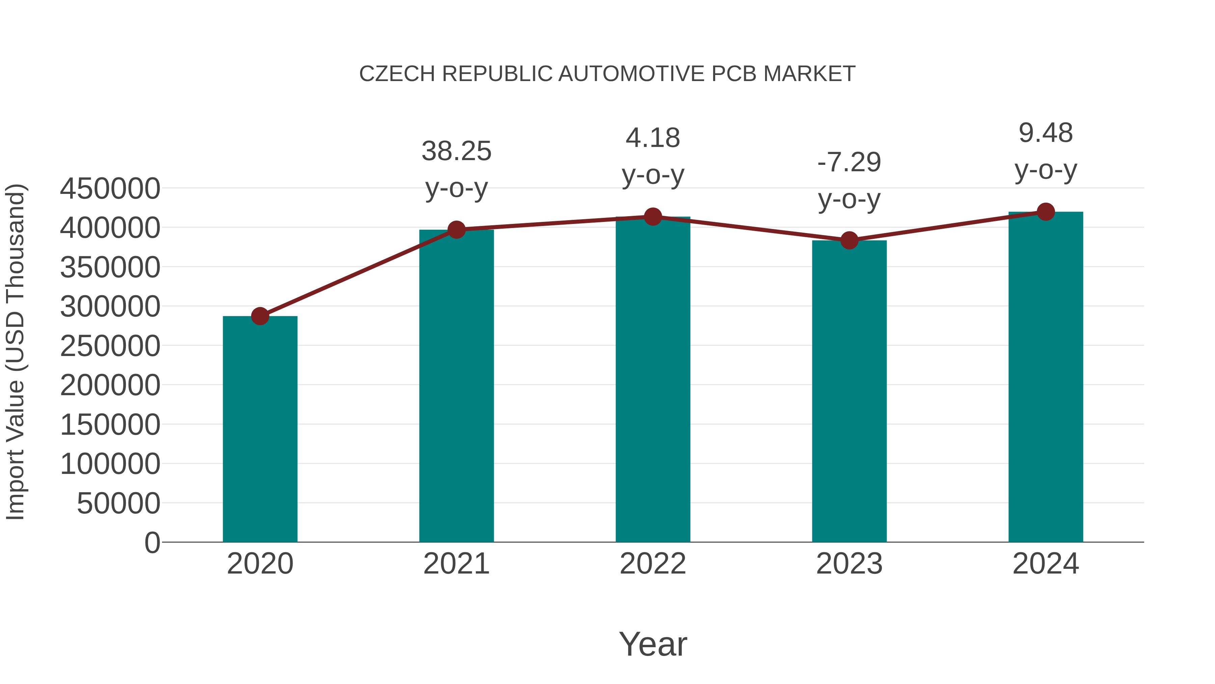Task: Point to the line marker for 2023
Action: [849, 240]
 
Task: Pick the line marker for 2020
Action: [260, 316]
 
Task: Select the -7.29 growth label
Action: [849, 163]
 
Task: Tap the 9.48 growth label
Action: [1046, 133]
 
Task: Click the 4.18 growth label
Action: [653, 138]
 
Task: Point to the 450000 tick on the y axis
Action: [110, 189]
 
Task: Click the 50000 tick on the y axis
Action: [118, 503]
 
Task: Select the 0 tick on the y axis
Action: [152, 542]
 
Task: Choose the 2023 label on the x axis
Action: [849, 564]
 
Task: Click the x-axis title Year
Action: [653, 644]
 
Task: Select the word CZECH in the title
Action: [397, 74]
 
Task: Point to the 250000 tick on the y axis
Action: [110, 346]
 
